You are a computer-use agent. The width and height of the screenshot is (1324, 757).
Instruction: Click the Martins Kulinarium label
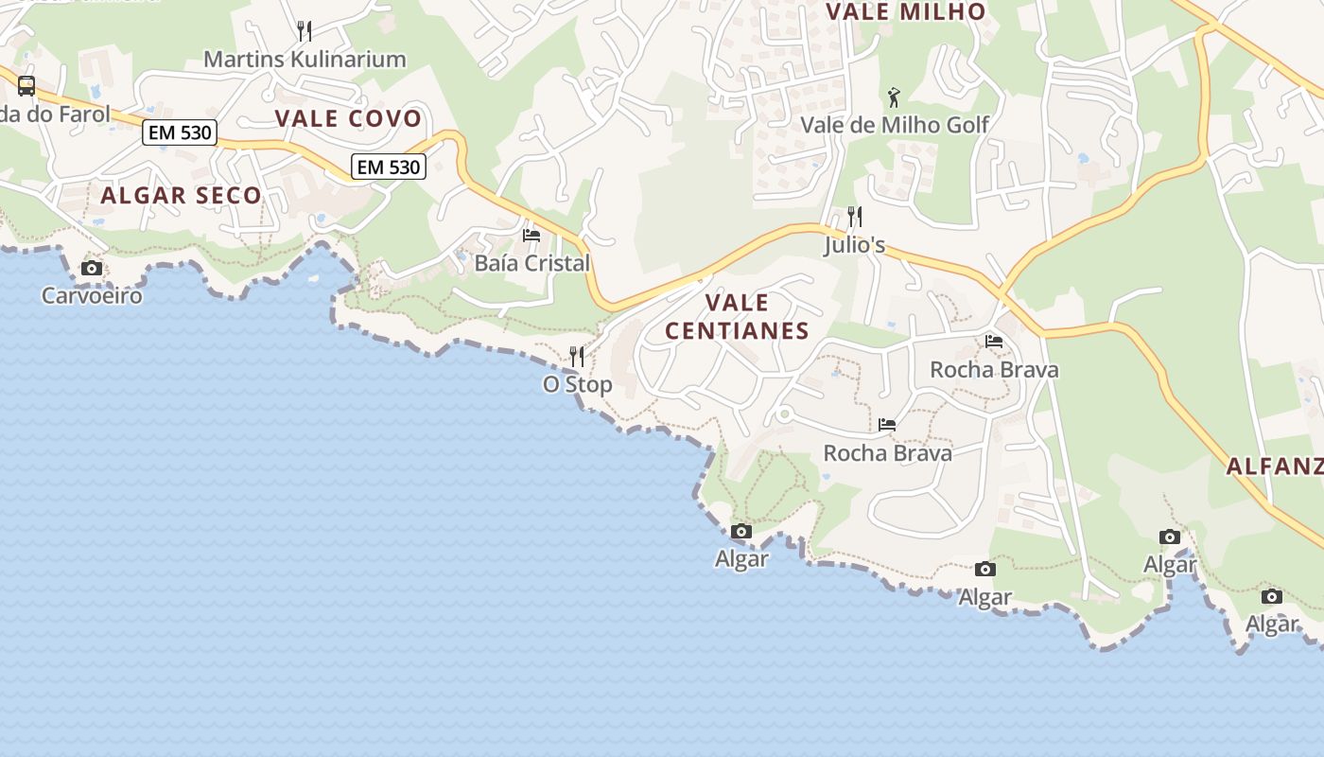(305, 59)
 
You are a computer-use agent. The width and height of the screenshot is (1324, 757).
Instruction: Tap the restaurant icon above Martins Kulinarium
(305, 31)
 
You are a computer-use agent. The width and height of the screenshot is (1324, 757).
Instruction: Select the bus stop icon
(26, 86)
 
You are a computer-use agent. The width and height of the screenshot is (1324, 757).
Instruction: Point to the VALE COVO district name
(348, 118)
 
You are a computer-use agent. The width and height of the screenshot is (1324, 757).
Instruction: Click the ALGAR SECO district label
(181, 196)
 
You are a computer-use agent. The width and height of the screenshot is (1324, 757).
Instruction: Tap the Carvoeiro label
(92, 295)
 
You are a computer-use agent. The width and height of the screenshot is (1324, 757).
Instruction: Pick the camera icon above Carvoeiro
(92, 269)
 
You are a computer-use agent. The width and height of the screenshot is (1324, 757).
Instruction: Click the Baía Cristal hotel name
(531, 263)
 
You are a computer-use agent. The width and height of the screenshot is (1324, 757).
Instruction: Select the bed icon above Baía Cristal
(531, 236)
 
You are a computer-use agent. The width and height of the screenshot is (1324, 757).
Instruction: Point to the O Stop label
(577, 384)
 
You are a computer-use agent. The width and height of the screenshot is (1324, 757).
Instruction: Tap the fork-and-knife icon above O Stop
(577, 357)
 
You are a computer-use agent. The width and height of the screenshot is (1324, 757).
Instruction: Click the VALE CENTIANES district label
(738, 316)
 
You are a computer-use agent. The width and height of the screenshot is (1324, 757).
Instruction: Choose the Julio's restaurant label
(854, 245)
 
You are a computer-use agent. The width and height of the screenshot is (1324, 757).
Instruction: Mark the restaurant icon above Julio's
(855, 217)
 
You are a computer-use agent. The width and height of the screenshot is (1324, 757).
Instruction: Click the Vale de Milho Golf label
(895, 125)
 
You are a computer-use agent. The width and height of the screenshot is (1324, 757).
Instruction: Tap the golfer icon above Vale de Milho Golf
(894, 97)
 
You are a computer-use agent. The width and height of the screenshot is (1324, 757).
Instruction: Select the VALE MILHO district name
(905, 12)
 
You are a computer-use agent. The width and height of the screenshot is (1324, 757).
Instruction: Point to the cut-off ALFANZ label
(1274, 466)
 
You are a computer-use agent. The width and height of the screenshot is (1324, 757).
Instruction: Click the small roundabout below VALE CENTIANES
(783, 414)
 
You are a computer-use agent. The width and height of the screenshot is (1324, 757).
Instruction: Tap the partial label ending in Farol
(55, 114)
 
